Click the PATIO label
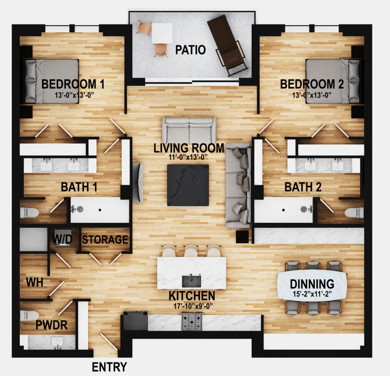(x=191, y=50)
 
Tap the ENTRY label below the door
(x=109, y=367)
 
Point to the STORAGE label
(x=105, y=240)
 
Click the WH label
(x=33, y=282)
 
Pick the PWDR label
(x=52, y=325)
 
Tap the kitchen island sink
(x=191, y=281)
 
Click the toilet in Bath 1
(x=29, y=212)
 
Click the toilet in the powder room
(x=29, y=315)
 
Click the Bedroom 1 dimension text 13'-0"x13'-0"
(x=73, y=94)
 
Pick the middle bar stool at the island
(x=192, y=251)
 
